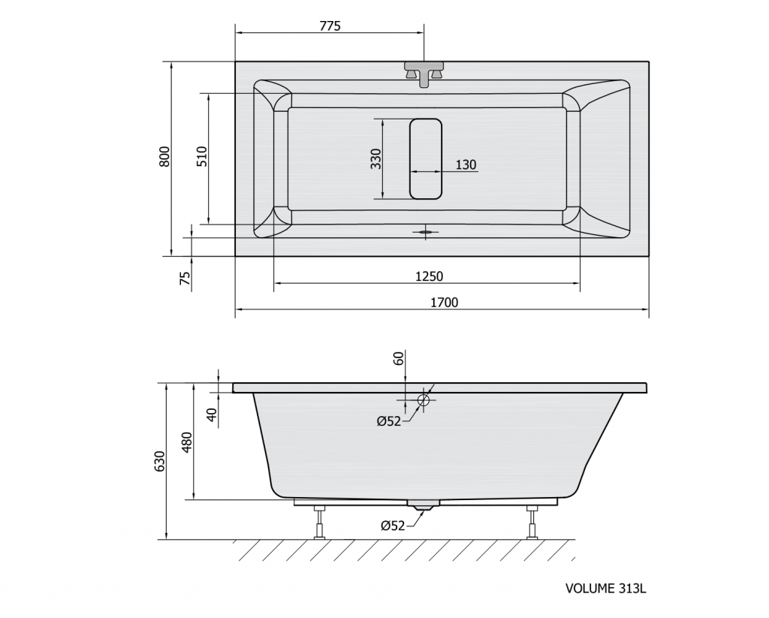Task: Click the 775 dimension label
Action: point(330,26)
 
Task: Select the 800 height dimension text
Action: point(164,156)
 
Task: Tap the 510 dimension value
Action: point(202,156)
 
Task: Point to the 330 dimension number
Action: point(375,158)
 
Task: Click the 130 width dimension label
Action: point(466,164)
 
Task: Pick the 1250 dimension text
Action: point(429,276)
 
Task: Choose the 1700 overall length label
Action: point(445,303)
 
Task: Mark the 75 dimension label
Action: point(185,279)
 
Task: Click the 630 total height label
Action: point(161,462)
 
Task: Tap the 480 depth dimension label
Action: point(187,442)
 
